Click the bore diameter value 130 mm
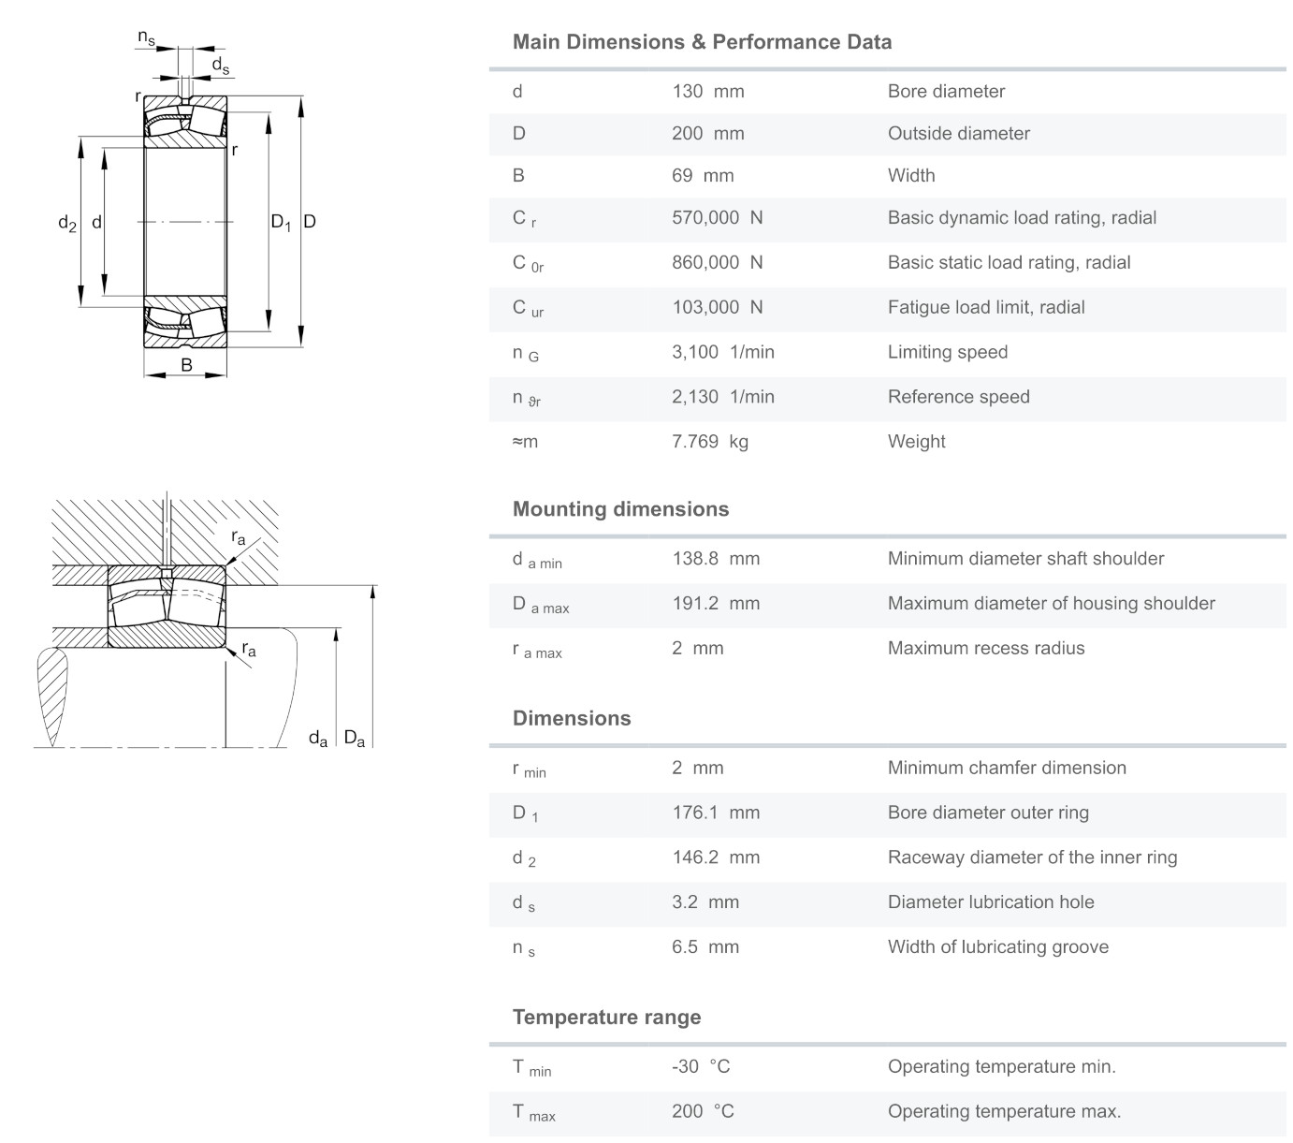tap(707, 91)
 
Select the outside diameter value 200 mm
tap(707, 133)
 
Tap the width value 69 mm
tap(702, 175)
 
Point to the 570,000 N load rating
tap(717, 217)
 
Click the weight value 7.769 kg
tap(709, 441)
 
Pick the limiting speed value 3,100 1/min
tap(722, 352)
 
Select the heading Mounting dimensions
tap(620, 509)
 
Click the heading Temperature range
tap(606, 1017)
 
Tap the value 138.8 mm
tap(715, 559)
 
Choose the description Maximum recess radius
tap(985, 648)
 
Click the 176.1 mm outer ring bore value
tap(715, 813)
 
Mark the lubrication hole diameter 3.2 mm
tap(705, 901)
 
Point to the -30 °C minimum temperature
tap(700, 1066)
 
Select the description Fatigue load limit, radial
tap(985, 307)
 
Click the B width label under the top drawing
tap(186, 365)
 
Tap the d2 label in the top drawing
tap(66, 223)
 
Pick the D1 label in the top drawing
tap(281, 223)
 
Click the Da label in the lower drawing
tap(354, 739)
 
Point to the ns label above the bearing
tap(146, 37)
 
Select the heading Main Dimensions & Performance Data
tap(702, 42)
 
